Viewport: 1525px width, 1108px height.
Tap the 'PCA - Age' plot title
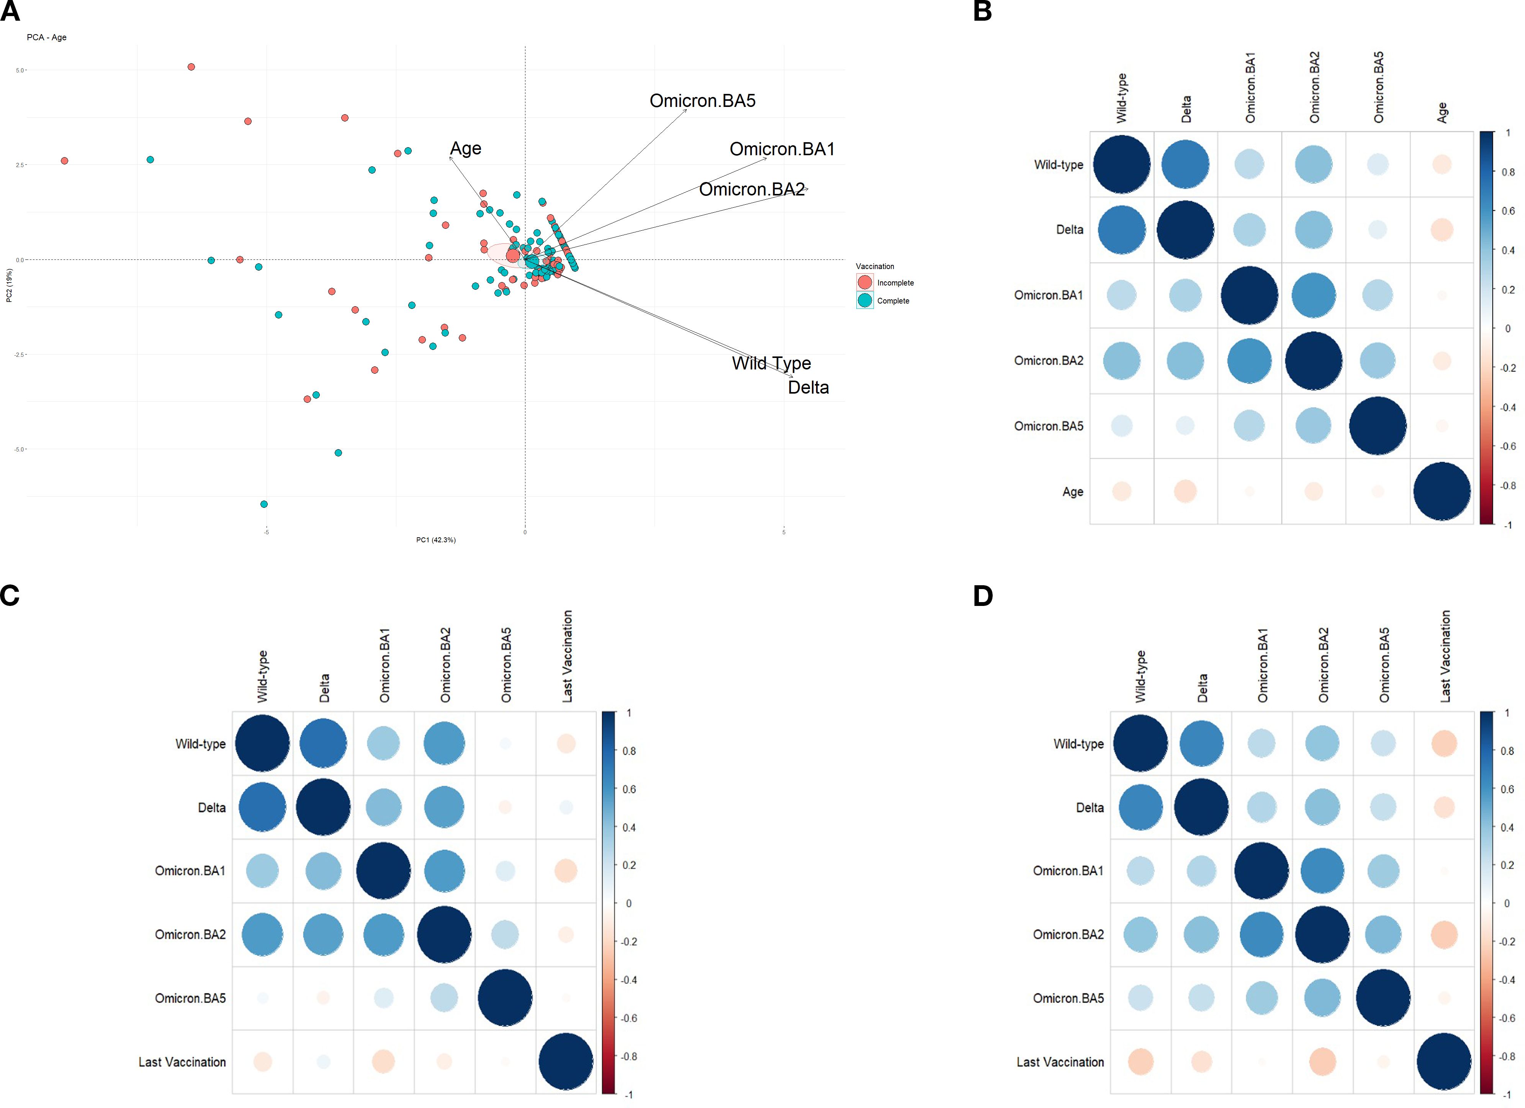pyautogui.click(x=46, y=38)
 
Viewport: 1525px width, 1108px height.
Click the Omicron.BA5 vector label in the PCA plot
pyautogui.click(x=702, y=101)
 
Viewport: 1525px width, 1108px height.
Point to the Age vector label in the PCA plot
pyautogui.click(x=465, y=149)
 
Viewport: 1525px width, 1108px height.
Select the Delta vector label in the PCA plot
pyautogui.click(x=808, y=387)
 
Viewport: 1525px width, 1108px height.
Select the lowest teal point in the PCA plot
pyautogui.click(x=264, y=504)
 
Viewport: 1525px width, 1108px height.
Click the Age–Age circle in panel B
pyautogui.click(x=1441, y=491)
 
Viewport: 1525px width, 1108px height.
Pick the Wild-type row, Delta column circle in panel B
pyautogui.click(x=1185, y=164)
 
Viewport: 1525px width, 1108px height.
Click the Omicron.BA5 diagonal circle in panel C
pyautogui.click(x=505, y=998)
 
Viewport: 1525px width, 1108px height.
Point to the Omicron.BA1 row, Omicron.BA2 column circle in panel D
pyautogui.click(x=1322, y=870)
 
